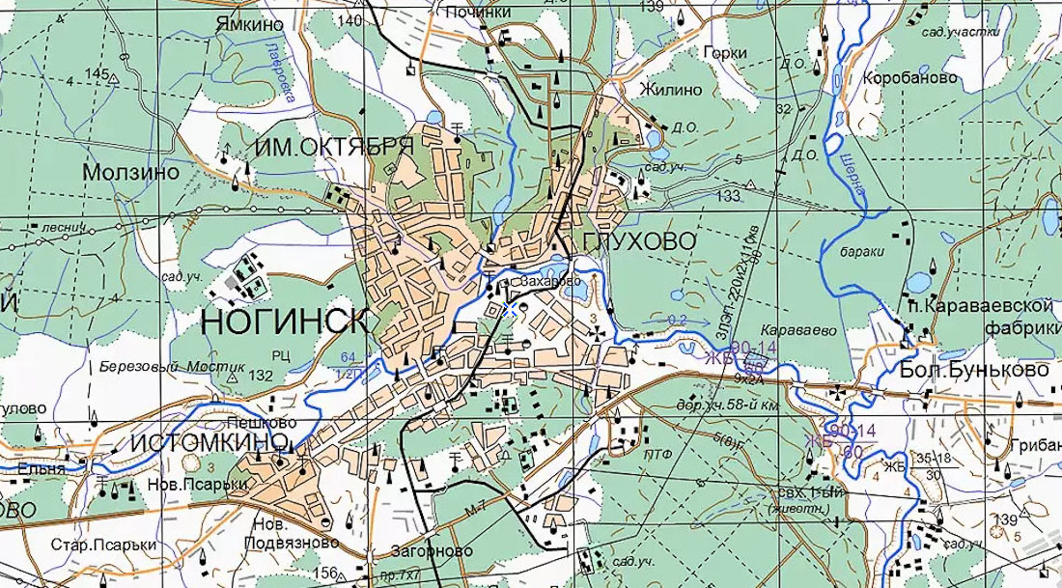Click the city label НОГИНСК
[x=285, y=322]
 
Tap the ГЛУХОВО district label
[x=639, y=241]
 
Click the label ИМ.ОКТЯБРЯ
[x=335, y=147]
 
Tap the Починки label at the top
[x=479, y=13]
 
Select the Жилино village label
[x=670, y=90]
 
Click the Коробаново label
[x=910, y=77]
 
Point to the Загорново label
[x=432, y=550]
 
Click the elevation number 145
[x=97, y=73]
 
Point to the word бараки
[x=862, y=251]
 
